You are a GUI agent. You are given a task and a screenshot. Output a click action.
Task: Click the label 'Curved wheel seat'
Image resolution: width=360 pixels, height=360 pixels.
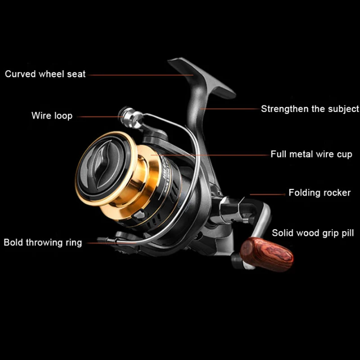[x=45, y=74]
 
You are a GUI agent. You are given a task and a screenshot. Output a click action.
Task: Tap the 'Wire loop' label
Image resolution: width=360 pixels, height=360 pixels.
[x=52, y=116]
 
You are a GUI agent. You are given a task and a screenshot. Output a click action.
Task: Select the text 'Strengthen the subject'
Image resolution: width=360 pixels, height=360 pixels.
[x=310, y=109]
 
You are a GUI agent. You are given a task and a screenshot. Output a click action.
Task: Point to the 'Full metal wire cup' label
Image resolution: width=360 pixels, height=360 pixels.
[x=311, y=154]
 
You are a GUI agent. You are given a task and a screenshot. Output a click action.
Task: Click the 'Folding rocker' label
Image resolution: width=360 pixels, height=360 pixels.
[x=319, y=193]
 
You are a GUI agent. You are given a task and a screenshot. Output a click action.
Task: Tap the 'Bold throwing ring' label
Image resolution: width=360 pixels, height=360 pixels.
[x=43, y=243]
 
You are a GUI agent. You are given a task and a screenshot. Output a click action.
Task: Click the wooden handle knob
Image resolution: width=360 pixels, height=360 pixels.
[x=267, y=255]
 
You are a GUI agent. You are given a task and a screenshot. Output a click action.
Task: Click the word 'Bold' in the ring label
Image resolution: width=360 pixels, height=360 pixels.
[x=13, y=243]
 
